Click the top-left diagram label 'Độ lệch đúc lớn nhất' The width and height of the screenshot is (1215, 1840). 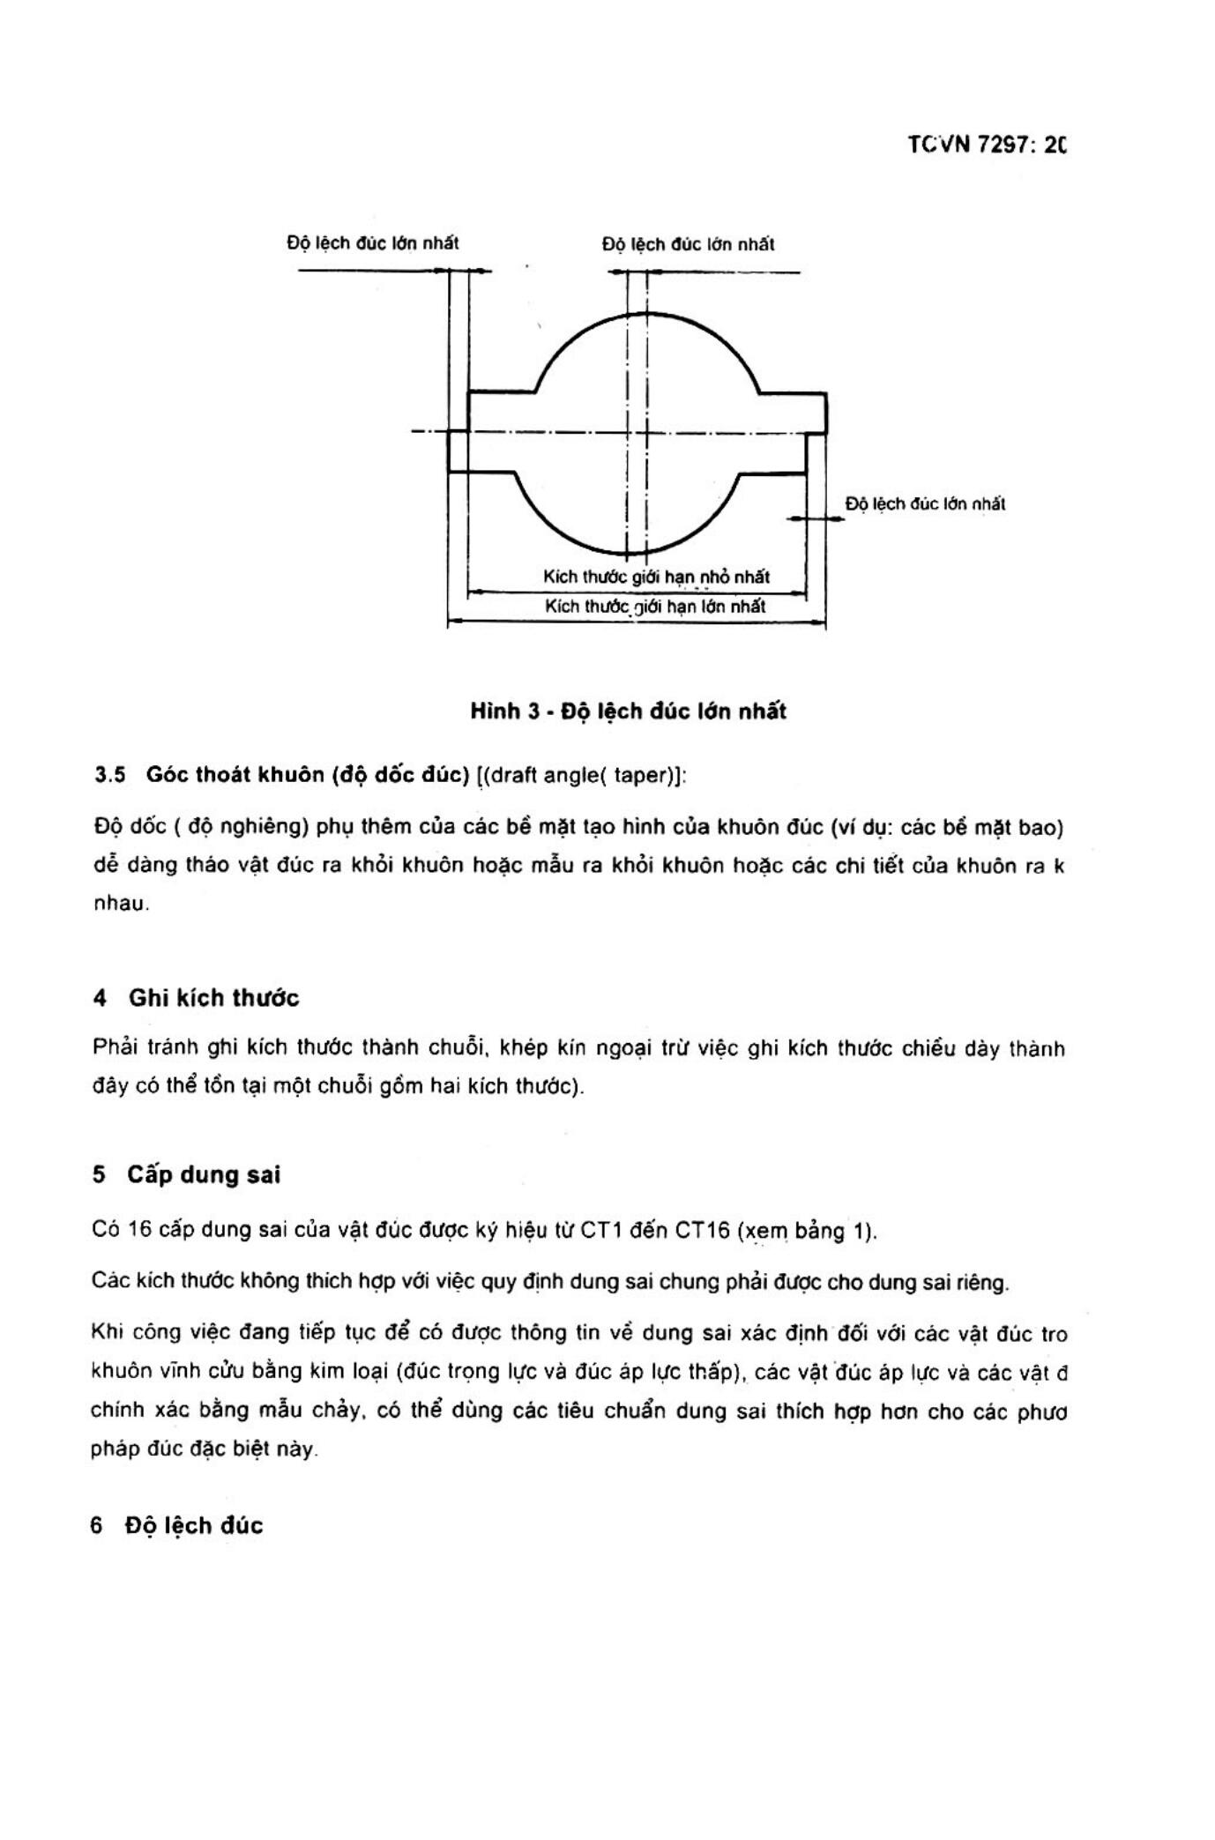point(372,242)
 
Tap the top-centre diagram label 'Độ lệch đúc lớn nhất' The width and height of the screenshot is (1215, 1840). point(688,244)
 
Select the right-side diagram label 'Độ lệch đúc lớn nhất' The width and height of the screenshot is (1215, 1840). point(925,504)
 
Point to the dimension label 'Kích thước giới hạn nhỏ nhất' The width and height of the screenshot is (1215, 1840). point(656,577)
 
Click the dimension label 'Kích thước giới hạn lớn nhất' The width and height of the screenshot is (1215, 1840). point(655,607)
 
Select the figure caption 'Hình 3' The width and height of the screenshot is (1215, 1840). point(505,711)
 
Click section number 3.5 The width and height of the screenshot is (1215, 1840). point(110,775)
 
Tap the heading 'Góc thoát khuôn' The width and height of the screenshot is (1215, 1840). point(236,775)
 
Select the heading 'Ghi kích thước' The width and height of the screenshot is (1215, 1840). point(214,998)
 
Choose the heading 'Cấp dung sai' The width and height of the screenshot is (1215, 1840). point(203,1175)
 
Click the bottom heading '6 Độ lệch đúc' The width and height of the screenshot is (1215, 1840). point(176,1526)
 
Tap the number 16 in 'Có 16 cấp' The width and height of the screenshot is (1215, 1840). point(141,1230)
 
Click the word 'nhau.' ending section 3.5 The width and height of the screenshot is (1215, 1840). point(121,905)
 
